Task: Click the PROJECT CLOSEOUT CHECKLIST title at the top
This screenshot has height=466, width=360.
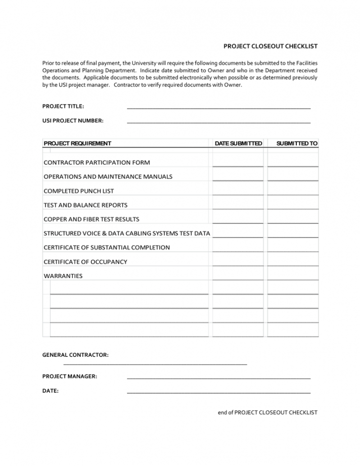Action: tap(271, 46)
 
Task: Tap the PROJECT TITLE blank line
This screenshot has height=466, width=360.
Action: tap(218, 108)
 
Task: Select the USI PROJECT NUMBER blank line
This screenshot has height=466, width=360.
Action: tap(218, 122)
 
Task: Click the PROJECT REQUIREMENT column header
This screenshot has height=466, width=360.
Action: tap(77, 144)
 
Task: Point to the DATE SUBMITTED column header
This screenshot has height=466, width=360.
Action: tap(238, 144)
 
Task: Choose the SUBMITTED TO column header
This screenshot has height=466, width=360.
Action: tap(297, 144)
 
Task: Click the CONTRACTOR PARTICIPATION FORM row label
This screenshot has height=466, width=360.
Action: tap(97, 163)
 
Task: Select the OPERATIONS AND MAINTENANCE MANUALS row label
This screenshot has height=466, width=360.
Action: tap(108, 177)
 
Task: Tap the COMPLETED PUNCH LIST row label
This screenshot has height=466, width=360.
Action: tap(79, 191)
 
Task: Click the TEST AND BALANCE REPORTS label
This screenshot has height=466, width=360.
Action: tap(85, 205)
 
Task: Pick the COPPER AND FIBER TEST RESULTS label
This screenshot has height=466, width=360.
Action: tap(92, 219)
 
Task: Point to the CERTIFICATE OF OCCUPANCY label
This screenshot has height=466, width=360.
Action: tap(85, 262)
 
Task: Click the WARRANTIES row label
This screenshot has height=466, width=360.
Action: tap(63, 276)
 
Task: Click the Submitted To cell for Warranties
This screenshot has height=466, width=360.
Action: tap(293, 275)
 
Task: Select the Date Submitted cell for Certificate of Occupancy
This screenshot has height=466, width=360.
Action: tap(238, 261)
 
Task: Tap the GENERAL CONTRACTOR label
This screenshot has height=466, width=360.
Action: tap(75, 355)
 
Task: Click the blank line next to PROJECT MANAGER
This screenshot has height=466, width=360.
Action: tap(218, 378)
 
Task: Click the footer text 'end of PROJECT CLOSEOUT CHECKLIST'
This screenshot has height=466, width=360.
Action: tap(267, 412)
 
